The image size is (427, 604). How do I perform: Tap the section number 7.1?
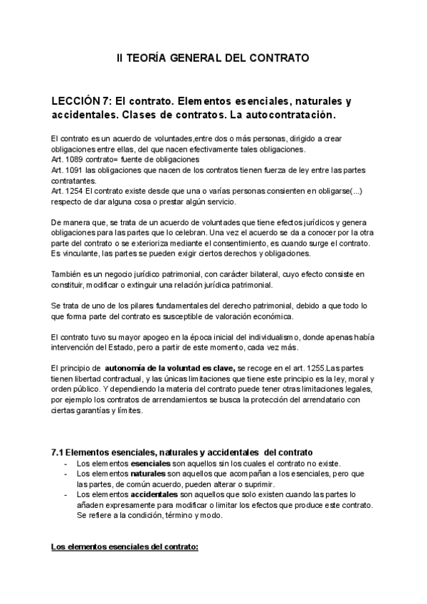(58, 453)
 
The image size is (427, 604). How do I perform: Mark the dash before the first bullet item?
(66, 464)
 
